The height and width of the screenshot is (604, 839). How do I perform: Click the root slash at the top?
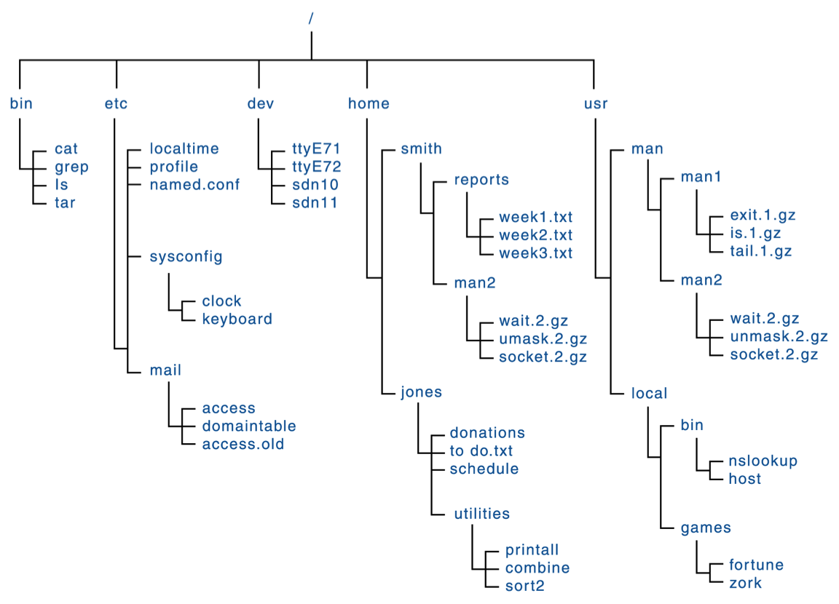(x=311, y=19)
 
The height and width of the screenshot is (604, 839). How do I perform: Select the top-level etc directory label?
(x=116, y=103)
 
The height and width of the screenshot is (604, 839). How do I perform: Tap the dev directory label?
(x=261, y=103)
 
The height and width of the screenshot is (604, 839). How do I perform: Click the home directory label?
(x=369, y=103)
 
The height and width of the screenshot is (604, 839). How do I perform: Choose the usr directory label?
(x=596, y=103)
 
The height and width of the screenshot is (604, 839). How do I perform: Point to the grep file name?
(x=71, y=167)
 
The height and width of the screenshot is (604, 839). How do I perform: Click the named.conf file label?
(x=194, y=184)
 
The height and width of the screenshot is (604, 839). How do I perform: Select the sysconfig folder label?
(x=186, y=257)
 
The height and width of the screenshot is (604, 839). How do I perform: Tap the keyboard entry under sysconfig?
(x=237, y=319)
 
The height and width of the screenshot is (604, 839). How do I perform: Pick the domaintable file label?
(x=249, y=426)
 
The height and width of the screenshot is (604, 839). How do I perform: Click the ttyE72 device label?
(x=317, y=167)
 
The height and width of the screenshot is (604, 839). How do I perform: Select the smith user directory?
(x=422, y=148)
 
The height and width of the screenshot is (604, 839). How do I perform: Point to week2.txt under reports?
(x=535, y=235)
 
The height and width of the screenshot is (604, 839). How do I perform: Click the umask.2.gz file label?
(x=543, y=339)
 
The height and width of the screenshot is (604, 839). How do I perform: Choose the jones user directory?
(x=422, y=392)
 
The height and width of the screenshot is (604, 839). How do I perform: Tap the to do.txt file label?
(x=481, y=450)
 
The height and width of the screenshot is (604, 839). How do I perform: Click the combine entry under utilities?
(x=537, y=568)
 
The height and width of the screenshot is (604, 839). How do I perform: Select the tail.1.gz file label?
(x=761, y=251)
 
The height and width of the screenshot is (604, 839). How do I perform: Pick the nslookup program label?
(x=763, y=461)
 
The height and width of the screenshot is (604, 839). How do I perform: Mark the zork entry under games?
(x=745, y=583)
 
